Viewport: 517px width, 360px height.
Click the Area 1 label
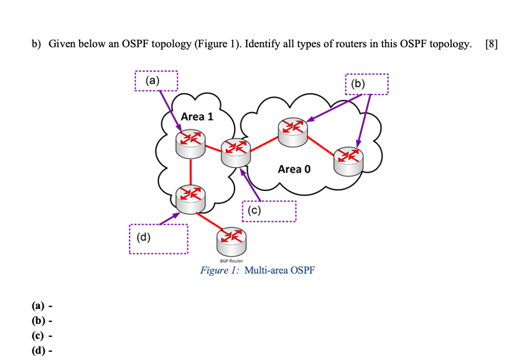coord(197,116)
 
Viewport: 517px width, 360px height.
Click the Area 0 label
coord(294,168)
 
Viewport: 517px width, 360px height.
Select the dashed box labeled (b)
coord(366,84)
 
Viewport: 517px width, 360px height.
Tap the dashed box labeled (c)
coord(269,211)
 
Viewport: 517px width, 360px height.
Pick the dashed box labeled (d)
coord(158,238)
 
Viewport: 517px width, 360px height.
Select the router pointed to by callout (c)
coord(235,152)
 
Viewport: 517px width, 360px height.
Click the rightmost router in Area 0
coord(347,160)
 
